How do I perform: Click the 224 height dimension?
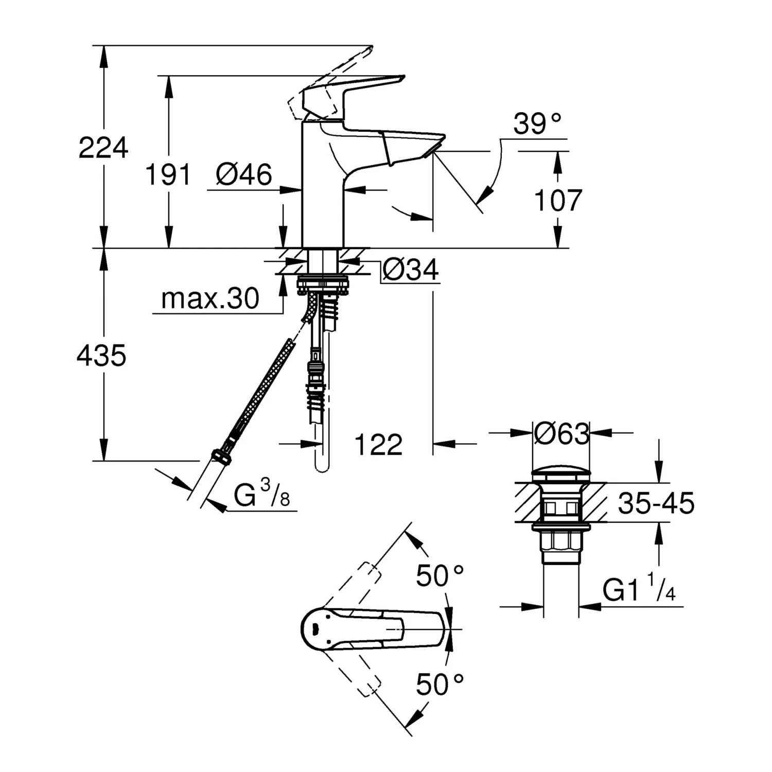click(x=103, y=148)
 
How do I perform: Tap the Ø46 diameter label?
click(x=244, y=174)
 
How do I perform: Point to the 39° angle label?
click(x=537, y=124)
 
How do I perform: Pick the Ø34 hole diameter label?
click(x=411, y=269)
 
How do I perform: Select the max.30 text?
click(x=210, y=299)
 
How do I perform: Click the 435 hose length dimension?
click(x=101, y=355)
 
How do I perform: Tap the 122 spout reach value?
click(x=378, y=444)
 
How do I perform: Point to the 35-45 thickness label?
click(x=656, y=503)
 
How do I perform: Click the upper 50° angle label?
click(x=440, y=575)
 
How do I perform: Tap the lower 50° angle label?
click(x=440, y=684)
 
